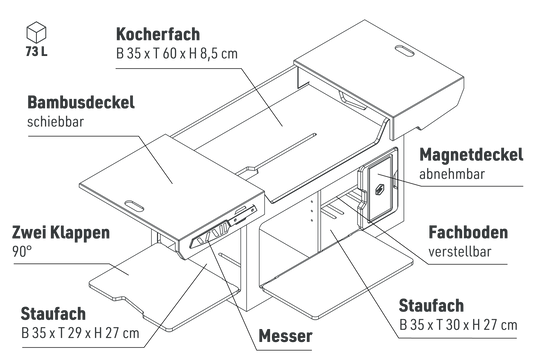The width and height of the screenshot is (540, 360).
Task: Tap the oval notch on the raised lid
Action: pos(405,47)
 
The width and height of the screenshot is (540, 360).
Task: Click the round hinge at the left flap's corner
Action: pos(191,243)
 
